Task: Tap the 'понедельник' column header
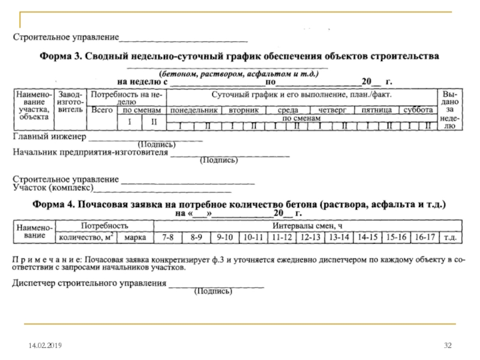[193, 111]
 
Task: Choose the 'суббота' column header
[418, 111]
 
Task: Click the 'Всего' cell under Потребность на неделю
[103, 110]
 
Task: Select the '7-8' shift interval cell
[169, 238]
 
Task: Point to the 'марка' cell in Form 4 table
[136, 238]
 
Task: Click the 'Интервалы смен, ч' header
[307, 226]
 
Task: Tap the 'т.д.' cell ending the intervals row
[451, 238]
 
